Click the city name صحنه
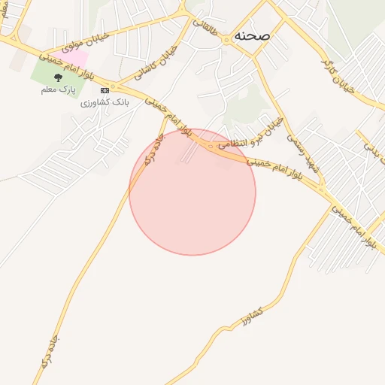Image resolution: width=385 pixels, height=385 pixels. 252,35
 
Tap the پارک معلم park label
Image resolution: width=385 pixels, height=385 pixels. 58,89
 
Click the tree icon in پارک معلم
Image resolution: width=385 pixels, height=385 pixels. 58,77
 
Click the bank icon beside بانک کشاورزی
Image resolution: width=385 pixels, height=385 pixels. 105,90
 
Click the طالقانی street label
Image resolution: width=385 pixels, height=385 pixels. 205,29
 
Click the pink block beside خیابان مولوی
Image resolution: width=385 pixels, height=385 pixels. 73,56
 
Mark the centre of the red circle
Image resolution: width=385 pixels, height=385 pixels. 192,192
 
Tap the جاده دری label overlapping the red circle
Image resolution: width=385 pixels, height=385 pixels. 153,150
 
